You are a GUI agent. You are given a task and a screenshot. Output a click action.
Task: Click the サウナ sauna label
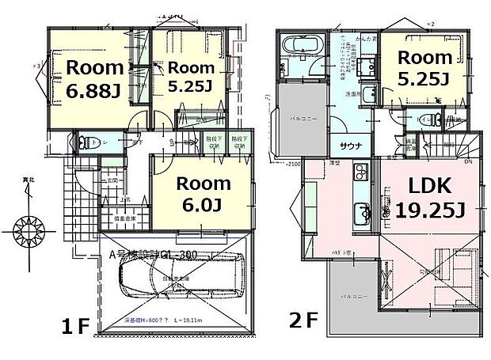pos(352,147)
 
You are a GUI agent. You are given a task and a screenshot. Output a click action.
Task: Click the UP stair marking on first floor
pos(173,143)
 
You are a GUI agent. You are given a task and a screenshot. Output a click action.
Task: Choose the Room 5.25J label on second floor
pos(424,68)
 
